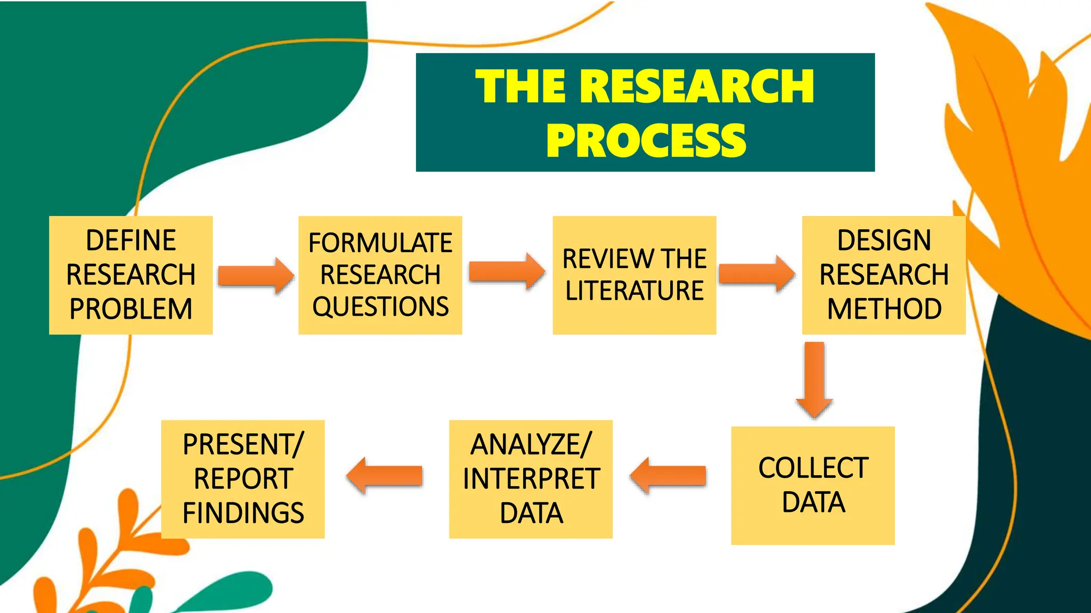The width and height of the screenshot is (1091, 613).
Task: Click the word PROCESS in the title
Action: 646,140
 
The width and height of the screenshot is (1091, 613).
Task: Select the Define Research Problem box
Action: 131,275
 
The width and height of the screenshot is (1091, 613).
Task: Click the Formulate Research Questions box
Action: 380,275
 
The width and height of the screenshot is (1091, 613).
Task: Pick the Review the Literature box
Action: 634,275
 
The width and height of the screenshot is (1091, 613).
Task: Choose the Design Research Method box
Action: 884,275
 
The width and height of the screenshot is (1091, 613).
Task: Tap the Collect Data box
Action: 813,485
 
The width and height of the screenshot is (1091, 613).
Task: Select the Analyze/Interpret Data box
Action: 531,479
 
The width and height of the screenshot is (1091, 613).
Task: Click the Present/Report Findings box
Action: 243,479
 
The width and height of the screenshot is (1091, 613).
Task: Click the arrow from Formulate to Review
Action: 507,271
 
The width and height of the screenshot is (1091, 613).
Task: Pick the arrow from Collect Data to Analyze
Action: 668,476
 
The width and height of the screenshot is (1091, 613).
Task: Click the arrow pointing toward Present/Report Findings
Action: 385,476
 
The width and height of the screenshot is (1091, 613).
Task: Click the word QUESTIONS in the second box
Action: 380,307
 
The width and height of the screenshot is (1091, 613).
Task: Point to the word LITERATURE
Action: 634,291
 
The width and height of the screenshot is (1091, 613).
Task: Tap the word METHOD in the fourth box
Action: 884,309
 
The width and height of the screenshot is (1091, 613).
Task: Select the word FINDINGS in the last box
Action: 243,513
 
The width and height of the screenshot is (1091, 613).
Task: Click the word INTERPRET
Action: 531,479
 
